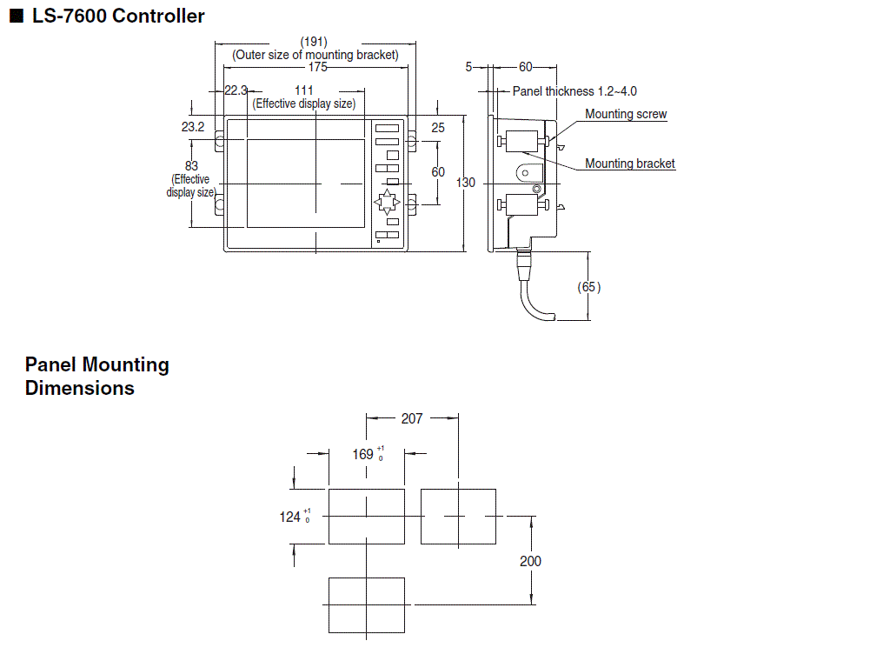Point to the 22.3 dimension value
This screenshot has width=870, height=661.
click(236, 90)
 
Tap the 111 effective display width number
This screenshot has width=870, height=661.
click(303, 90)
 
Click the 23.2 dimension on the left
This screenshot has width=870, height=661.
click(193, 127)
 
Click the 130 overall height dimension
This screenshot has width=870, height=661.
click(466, 183)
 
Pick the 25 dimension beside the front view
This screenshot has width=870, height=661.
click(438, 127)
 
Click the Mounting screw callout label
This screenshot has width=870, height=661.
click(626, 114)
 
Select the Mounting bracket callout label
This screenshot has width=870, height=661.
click(629, 164)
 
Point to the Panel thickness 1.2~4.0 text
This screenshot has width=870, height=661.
click(574, 90)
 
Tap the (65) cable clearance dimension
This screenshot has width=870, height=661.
click(589, 287)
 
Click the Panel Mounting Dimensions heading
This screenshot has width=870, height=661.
click(96, 376)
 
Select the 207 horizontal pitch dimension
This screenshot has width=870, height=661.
click(412, 418)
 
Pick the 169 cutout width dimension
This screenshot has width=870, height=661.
click(363, 454)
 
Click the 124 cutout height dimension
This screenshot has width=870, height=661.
click(290, 517)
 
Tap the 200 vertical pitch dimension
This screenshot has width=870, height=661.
click(530, 561)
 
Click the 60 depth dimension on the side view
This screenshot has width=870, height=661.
click(526, 66)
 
